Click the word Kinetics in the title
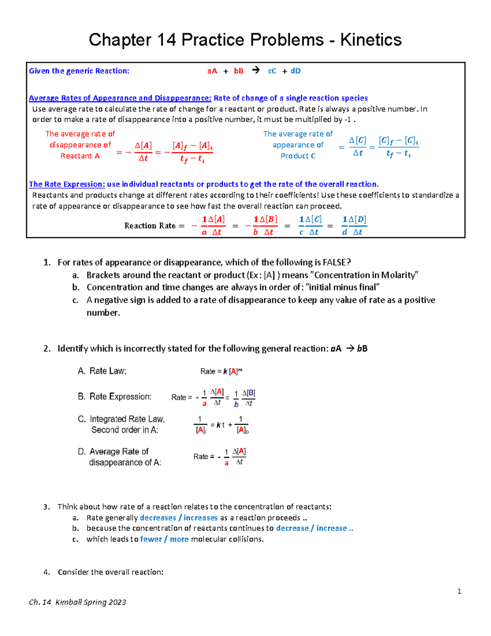371,40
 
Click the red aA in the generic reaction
212,71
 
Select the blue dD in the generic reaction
295,71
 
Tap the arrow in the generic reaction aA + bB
256,70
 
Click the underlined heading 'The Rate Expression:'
67,184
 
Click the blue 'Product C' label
298,156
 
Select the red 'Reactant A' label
80,156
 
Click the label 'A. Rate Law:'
102,371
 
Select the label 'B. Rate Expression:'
115,396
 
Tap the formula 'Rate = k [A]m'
221,371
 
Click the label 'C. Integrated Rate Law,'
121,419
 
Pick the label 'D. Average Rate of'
113,451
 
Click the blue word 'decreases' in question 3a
158,518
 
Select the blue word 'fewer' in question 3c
151,539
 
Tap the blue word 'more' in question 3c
179,539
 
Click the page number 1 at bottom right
459,591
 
